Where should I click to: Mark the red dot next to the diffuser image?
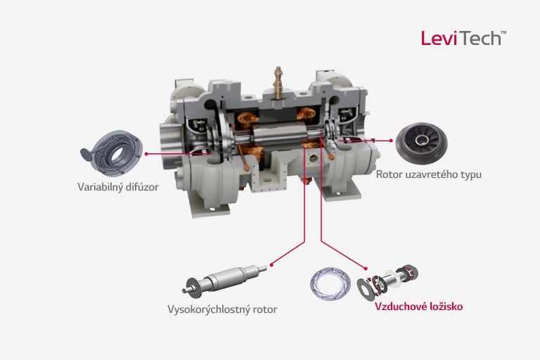pos(146,152)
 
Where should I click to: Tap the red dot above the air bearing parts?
pos(366,266)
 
